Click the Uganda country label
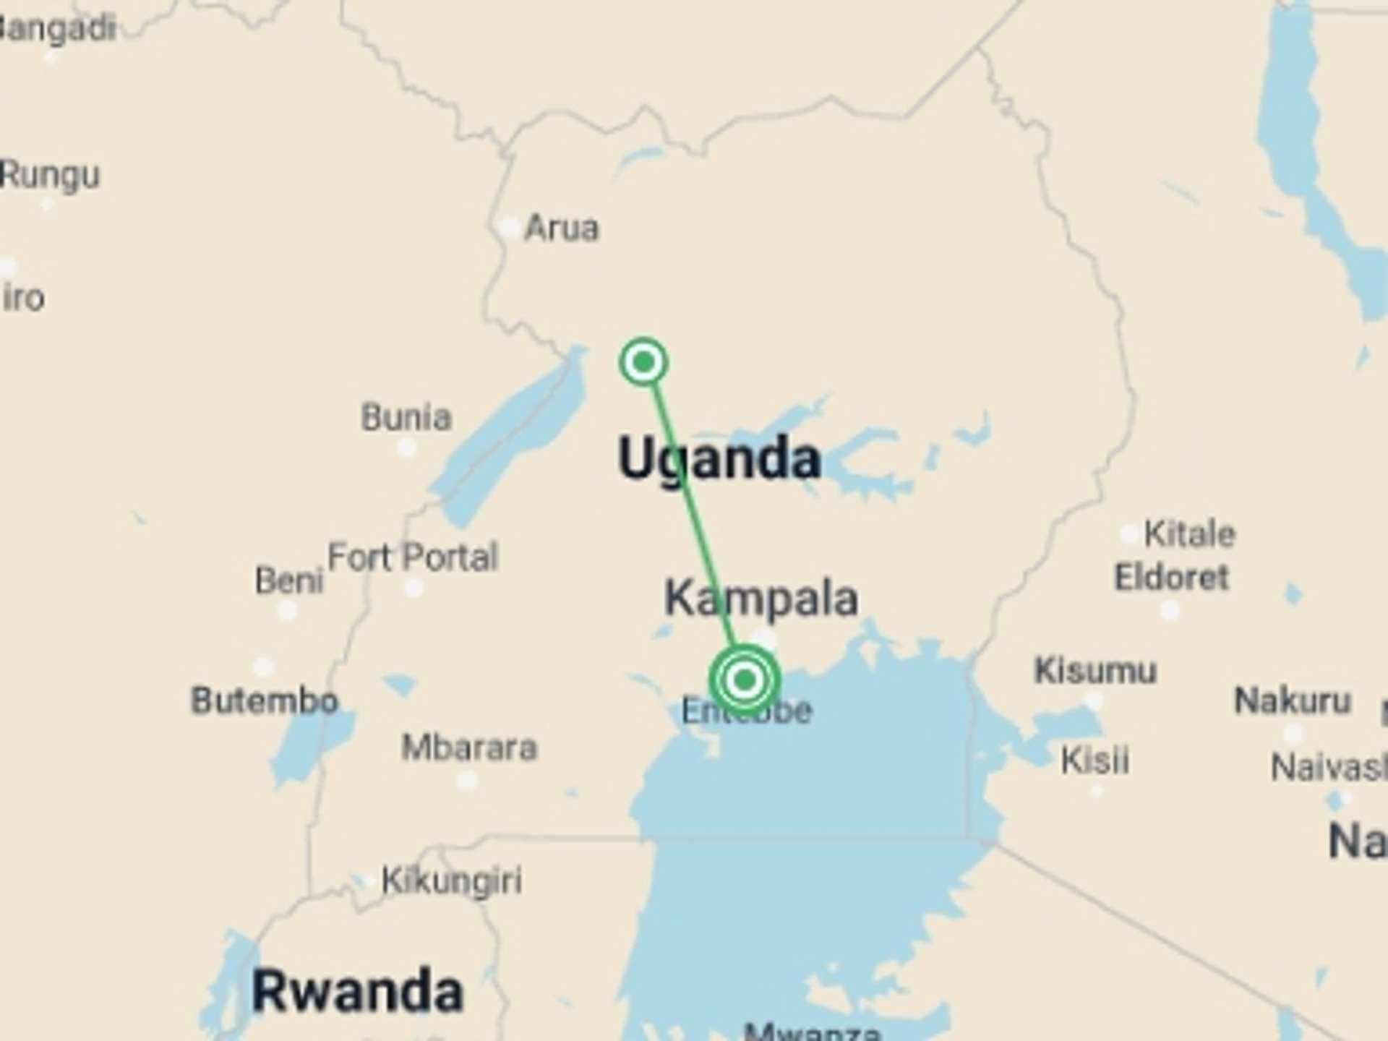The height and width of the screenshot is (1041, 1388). pos(719,458)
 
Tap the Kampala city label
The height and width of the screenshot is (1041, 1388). pos(761,599)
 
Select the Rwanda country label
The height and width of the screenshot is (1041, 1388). pos(357,991)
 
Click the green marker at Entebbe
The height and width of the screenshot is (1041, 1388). pos(745,680)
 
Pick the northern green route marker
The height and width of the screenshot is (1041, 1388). pos(643,361)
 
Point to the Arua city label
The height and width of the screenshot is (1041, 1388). pos(562,228)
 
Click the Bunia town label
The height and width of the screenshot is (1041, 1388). pos(406,417)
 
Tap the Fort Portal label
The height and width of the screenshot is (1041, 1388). pos(413,557)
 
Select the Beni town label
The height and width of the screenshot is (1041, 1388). pos(288,581)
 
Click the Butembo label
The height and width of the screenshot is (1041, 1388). pos(265,701)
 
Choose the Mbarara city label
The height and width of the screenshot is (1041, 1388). pos(469,747)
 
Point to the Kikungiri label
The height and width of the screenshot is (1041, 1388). pos(452,881)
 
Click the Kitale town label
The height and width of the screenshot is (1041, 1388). pos(1190,534)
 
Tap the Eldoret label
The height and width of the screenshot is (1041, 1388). pos(1171,578)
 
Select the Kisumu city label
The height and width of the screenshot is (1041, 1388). pos(1095,671)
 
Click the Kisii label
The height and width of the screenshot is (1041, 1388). pos(1094,761)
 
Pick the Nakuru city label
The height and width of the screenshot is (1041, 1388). pos(1293,701)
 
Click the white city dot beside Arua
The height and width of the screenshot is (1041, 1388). pos(510,228)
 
